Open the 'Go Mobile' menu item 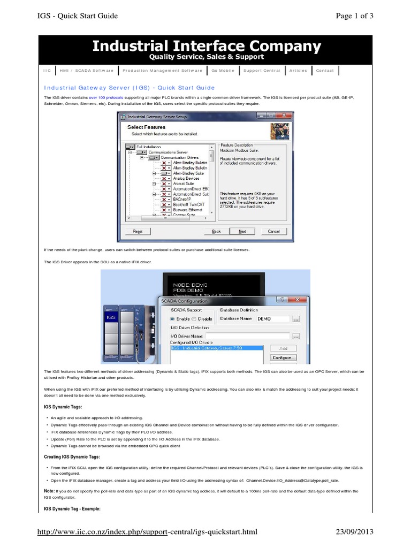coord(222,71)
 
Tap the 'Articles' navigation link coord(298,71)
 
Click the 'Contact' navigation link coord(325,71)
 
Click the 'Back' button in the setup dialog coord(216,231)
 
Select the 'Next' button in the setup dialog coord(242,231)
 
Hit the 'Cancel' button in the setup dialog coord(273,231)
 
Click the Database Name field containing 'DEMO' coord(272,318)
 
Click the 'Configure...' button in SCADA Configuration coord(284,357)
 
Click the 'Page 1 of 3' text coord(354,16)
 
